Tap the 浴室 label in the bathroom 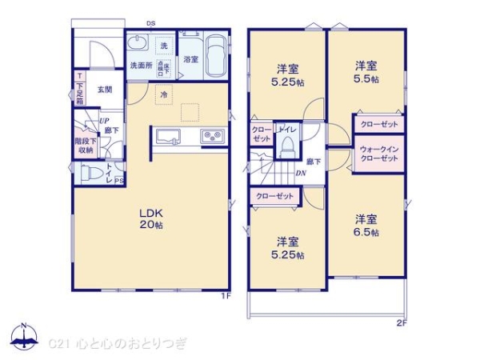(x=190, y=59)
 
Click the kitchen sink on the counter (x=170, y=134)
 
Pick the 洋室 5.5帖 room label (x=367, y=72)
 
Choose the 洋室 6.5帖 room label (x=367, y=225)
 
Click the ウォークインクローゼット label (x=379, y=154)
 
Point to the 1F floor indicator (x=226, y=298)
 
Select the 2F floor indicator (x=401, y=323)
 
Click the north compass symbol (x=24, y=337)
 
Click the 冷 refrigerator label (x=163, y=94)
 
